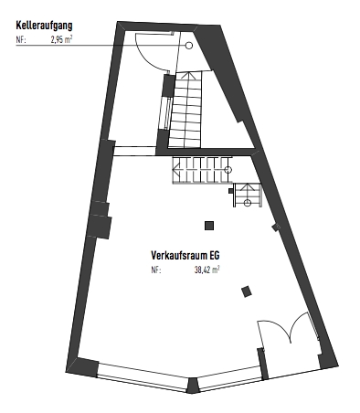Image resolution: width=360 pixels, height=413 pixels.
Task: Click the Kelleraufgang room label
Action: click(x=44, y=26)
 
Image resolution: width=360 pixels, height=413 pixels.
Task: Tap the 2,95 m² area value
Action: click(x=62, y=39)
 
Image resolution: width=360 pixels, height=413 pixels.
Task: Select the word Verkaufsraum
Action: click(x=177, y=255)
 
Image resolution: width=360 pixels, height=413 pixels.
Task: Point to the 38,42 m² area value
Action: click(x=207, y=270)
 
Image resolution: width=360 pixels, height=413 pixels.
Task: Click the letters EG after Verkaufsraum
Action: click(x=213, y=255)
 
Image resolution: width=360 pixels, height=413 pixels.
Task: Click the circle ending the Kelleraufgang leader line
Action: click(x=189, y=46)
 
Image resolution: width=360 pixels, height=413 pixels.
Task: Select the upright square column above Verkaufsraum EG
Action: click(x=209, y=226)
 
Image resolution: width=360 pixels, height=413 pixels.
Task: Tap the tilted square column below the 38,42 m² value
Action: click(x=247, y=291)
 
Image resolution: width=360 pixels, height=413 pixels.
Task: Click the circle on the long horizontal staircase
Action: click(x=228, y=170)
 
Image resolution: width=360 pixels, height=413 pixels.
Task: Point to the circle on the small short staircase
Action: click(x=248, y=203)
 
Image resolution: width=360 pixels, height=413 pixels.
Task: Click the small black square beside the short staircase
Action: click(x=231, y=191)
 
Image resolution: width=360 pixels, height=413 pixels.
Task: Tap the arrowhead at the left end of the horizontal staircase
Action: click(x=175, y=170)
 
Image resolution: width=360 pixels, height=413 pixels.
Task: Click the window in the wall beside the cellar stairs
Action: click(x=166, y=112)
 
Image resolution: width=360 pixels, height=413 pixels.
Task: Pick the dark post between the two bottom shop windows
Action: click(x=192, y=386)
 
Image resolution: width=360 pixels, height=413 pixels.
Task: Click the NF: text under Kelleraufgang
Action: click(x=21, y=40)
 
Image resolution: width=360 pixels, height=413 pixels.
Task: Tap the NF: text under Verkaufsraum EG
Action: click(x=156, y=270)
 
